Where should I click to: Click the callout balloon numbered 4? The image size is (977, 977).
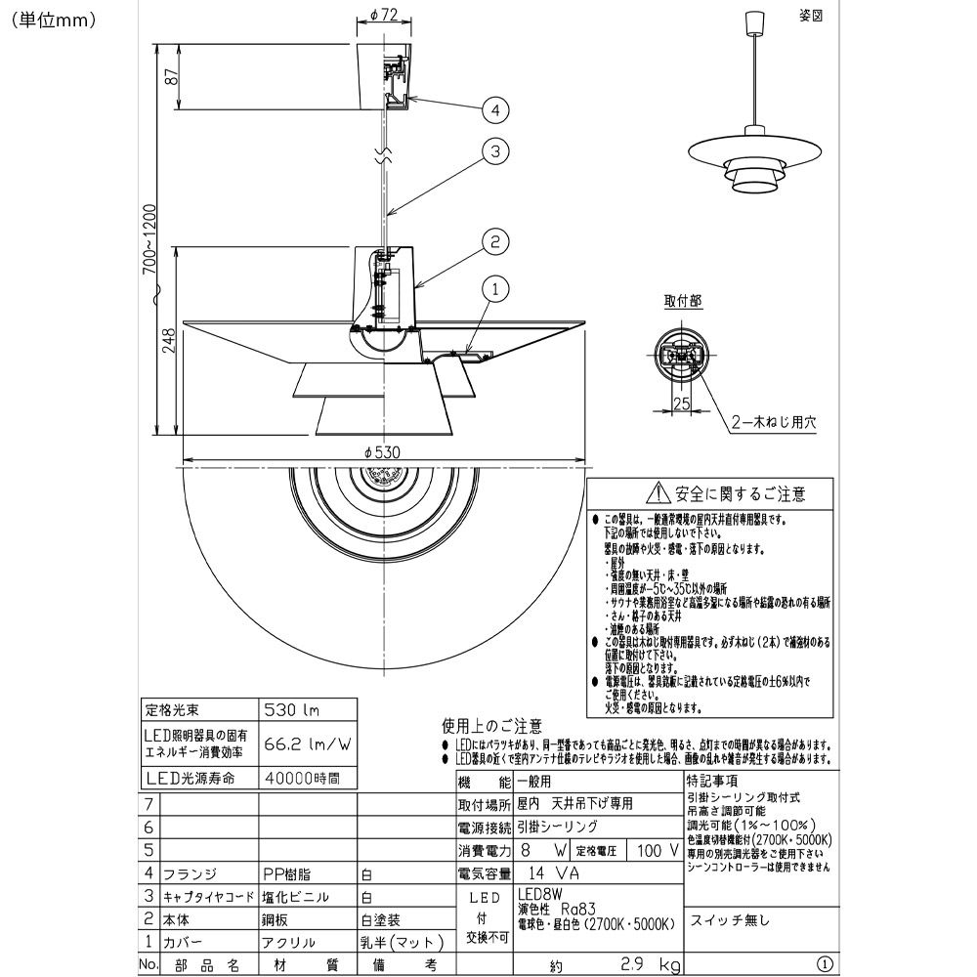496,109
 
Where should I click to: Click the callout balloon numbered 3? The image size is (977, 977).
496,151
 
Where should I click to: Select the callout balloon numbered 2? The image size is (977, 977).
496,240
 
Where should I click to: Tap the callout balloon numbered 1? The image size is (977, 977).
496,289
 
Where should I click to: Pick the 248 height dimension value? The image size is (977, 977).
170,339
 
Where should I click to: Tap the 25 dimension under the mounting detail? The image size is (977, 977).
683,403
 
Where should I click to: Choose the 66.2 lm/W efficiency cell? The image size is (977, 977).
307,743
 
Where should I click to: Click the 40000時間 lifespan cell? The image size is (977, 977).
302,779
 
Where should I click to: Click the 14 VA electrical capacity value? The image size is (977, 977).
547,871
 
